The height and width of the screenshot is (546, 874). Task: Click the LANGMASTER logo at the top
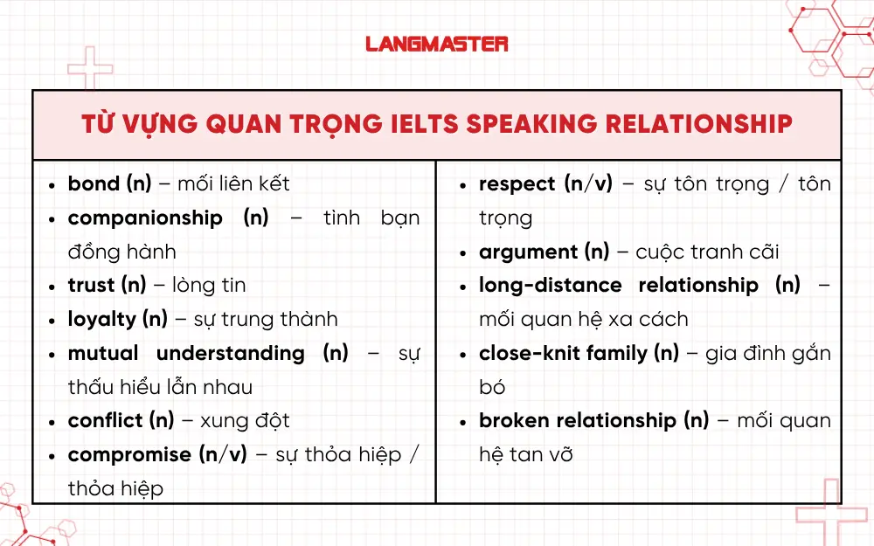coord(436,43)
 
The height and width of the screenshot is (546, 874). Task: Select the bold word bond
coord(94,184)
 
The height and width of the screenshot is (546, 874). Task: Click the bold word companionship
coord(145,218)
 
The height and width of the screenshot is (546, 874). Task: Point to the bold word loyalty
coord(101,320)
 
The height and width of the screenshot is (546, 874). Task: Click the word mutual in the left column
coord(103,353)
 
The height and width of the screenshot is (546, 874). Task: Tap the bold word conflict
coord(107,421)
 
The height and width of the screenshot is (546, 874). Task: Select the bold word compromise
coord(129,455)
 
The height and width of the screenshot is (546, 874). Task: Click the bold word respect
coord(517,184)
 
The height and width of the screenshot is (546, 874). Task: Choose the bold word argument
coord(528,252)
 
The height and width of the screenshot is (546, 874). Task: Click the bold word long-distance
coord(550,286)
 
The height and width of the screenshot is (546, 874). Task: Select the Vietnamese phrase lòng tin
coord(209,286)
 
